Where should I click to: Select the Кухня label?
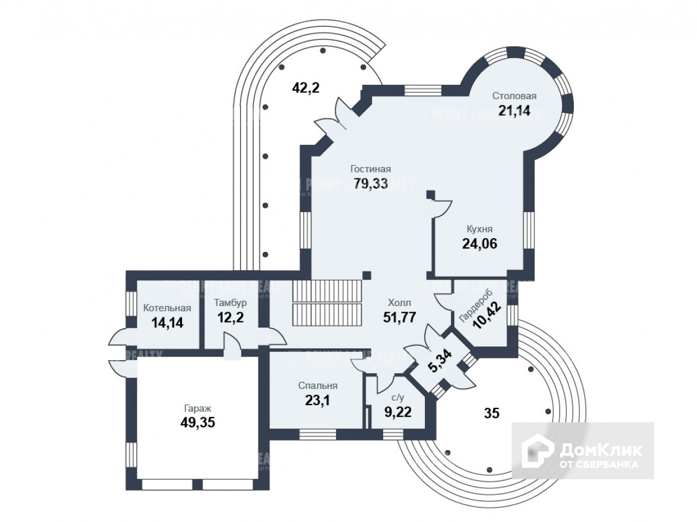pyautogui.click(x=479, y=229)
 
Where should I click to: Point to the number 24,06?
pyautogui.click(x=479, y=244)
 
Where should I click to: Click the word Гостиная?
pyautogui.click(x=371, y=169)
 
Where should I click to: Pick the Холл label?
pyautogui.click(x=399, y=303)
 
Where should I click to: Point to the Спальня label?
pyautogui.click(x=318, y=385)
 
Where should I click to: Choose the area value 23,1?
pyautogui.click(x=318, y=400)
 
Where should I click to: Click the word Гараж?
pyautogui.click(x=198, y=408)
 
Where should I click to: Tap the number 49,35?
pyautogui.click(x=198, y=423)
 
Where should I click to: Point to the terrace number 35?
pyautogui.click(x=492, y=414)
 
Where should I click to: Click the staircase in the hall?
pyautogui.click(x=327, y=302)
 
